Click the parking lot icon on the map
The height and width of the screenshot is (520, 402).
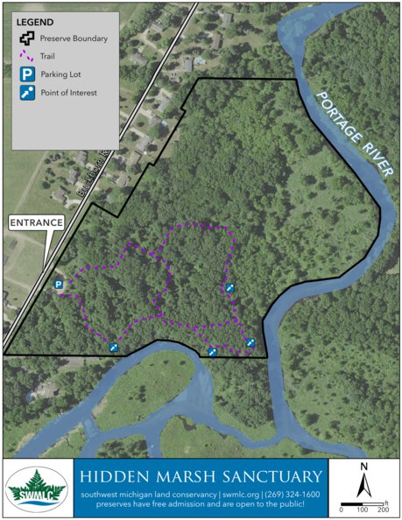coord(59,285)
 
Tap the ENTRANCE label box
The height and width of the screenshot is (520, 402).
coord(37,223)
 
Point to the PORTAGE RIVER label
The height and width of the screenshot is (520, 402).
coord(349,131)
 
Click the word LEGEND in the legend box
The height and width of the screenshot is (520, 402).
coord(34,21)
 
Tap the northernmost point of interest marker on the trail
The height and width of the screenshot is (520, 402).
coord(230,287)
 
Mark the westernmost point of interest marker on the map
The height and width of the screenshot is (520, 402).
coord(113,348)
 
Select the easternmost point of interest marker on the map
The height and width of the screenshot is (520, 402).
coord(250,342)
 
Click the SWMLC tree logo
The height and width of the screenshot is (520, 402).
coord(37,488)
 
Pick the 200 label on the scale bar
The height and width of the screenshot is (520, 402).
coord(383,509)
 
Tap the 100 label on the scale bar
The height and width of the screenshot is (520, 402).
coord(361,509)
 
